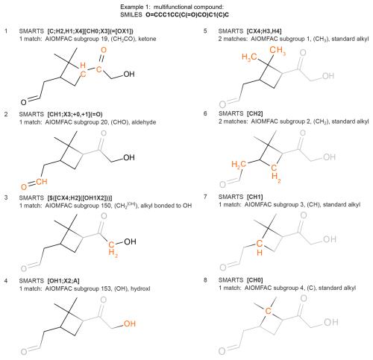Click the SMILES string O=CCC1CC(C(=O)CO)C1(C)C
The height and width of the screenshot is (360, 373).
click(x=187, y=15)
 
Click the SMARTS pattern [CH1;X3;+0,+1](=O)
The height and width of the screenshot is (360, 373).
click(x=75, y=114)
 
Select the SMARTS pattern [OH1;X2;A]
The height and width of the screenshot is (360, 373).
click(x=63, y=281)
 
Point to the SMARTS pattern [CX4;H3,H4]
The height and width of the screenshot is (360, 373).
click(x=264, y=31)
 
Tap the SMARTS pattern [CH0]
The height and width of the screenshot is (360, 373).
click(x=254, y=280)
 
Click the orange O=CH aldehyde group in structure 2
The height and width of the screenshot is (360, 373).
click(x=34, y=184)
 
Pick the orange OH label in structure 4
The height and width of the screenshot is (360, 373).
click(x=130, y=323)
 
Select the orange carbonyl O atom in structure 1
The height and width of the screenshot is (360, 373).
click(x=104, y=50)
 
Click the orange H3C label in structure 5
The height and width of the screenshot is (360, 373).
click(x=249, y=57)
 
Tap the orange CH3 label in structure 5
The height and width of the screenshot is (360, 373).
click(x=278, y=51)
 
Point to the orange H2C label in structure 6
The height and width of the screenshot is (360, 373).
click(x=239, y=165)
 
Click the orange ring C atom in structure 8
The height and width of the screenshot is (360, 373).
click(x=268, y=311)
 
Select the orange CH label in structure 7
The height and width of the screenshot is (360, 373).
click(x=260, y=247)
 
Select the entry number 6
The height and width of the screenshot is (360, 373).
click(x=205, y=113)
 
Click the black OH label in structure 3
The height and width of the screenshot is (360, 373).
click(x=130, y=241)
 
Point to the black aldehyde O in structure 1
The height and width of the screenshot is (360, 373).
click(x=23, y=102)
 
